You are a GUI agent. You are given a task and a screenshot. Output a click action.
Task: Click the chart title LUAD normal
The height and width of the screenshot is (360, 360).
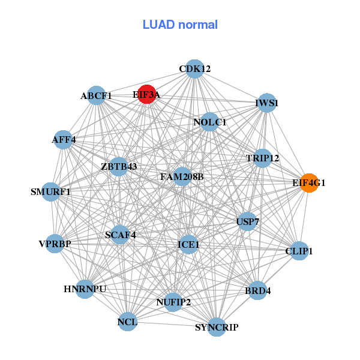[x=180, y=25]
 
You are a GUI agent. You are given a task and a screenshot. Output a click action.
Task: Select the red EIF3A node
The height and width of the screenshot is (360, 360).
[x=147, y=94]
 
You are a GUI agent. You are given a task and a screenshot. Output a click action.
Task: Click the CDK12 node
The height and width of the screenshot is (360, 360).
[x=194, y=69]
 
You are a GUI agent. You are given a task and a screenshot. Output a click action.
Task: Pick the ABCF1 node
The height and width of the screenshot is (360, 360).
[x=97, y=95]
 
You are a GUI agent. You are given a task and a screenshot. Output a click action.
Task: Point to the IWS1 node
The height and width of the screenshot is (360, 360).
[x=266, y=103]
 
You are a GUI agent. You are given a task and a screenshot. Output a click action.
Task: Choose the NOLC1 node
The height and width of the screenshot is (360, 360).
[x=209, y=122]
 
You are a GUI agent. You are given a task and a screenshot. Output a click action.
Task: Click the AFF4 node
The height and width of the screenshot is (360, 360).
[x=64, y=140]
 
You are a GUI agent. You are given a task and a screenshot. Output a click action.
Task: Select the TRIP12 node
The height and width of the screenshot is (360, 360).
[x=263, y=158]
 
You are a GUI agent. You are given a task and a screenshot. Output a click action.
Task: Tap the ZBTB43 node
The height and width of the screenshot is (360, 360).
[x=119, y=166]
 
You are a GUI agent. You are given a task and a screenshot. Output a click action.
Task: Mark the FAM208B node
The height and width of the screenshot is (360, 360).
[x=182, y=177]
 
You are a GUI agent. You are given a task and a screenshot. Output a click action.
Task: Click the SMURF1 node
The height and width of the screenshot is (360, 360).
[x=51, y=192]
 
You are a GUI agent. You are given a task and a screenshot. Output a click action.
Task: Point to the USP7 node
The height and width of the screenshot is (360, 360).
[x=248, y=222]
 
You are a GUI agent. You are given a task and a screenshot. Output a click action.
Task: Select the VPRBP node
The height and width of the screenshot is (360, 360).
[x=55, y=244]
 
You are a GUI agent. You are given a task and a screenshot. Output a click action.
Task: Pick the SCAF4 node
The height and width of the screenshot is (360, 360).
[x=121, y=235]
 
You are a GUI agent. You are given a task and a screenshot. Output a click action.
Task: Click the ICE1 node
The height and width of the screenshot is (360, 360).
[x=188, y=244]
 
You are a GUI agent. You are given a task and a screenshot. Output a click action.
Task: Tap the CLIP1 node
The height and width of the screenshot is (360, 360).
[x=299, y=250]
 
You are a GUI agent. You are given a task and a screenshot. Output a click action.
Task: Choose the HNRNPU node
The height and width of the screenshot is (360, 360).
[x=85, y=289]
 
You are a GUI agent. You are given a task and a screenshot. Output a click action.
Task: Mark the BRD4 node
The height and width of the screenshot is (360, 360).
[x=258, y=291]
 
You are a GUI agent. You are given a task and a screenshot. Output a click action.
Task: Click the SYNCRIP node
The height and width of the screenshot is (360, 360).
[x=217, y=327]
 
